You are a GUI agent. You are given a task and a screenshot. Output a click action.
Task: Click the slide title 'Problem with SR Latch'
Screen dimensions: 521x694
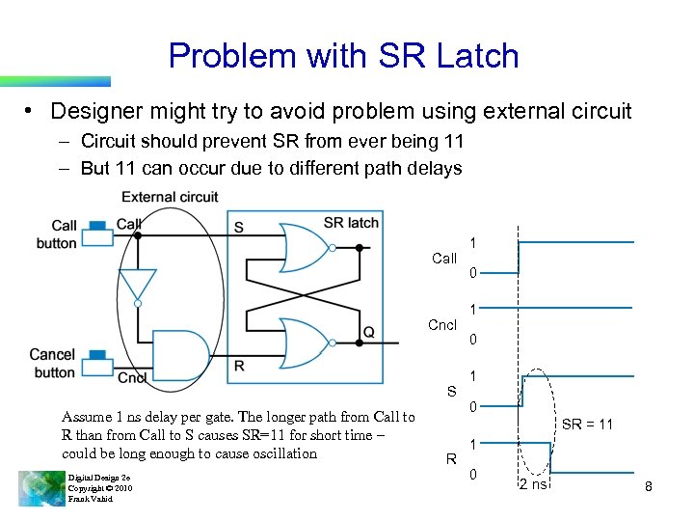click(343, 56)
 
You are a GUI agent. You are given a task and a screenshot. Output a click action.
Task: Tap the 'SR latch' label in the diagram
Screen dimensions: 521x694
click(351, 223)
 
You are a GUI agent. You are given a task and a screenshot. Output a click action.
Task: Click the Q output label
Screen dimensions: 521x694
click(369, 333)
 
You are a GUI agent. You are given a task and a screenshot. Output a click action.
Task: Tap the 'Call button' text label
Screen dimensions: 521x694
click(57, 234)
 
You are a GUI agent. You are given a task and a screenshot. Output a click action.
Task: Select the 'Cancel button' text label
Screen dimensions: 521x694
click(52, 364)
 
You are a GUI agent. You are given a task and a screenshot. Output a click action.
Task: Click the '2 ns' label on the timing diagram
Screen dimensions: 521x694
click(533, 484)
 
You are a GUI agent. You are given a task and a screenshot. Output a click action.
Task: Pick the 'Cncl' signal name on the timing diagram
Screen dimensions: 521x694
click(442, 325)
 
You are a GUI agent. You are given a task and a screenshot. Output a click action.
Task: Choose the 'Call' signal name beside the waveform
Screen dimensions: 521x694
click(444, 259)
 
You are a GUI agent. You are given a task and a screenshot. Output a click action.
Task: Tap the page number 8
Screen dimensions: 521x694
click(649, 487)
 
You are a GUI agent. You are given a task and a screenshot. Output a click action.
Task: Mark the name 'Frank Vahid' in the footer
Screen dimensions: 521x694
click(90, 499)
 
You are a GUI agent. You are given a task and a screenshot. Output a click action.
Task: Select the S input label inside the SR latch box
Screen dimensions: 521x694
click(239, 228)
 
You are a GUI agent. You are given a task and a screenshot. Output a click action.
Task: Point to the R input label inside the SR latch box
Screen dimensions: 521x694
click(239, 366)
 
